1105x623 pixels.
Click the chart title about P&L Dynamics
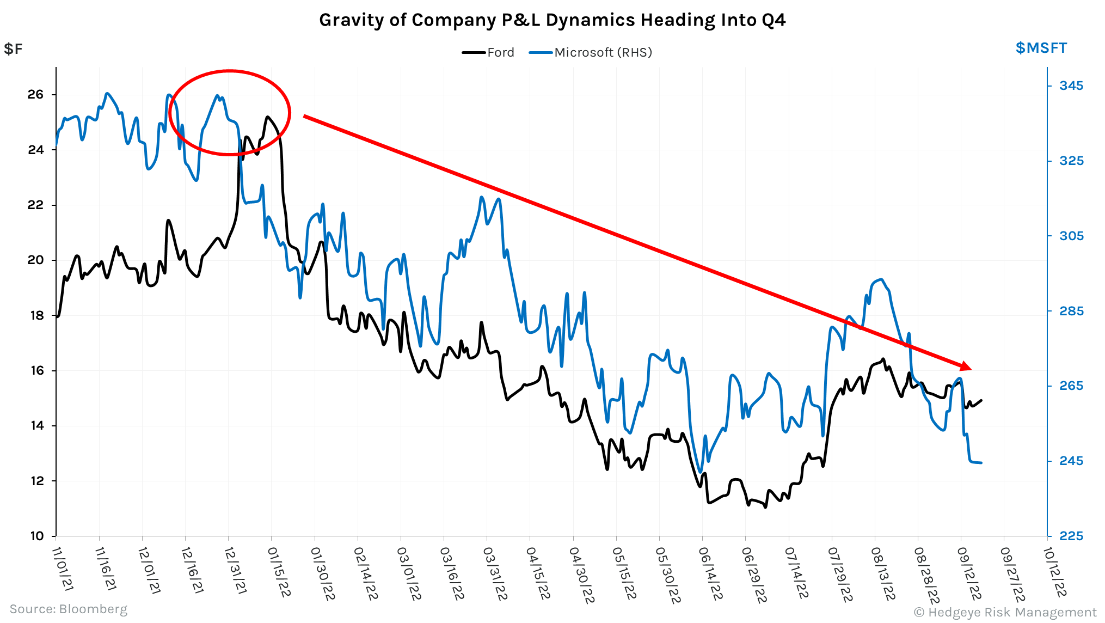(552, 20)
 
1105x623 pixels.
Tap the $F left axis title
(13, 49)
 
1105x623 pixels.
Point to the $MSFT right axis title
(1041, 48)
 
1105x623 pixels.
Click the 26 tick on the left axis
(35, 94)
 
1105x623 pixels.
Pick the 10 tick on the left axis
(36, 536)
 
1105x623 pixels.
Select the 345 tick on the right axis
(1071, 85)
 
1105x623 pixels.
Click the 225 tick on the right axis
(1071, 536)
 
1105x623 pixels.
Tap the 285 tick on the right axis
(1071, 311)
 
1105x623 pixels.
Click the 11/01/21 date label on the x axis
(63, 569)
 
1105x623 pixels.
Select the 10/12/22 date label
(1054, 572)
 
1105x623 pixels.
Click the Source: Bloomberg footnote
(69, 609)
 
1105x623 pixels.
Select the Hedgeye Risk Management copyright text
(1005, 612)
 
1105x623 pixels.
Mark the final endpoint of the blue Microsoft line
(981, 463)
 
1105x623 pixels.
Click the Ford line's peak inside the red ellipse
(267, 117)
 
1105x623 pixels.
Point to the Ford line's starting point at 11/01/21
(57, 316)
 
